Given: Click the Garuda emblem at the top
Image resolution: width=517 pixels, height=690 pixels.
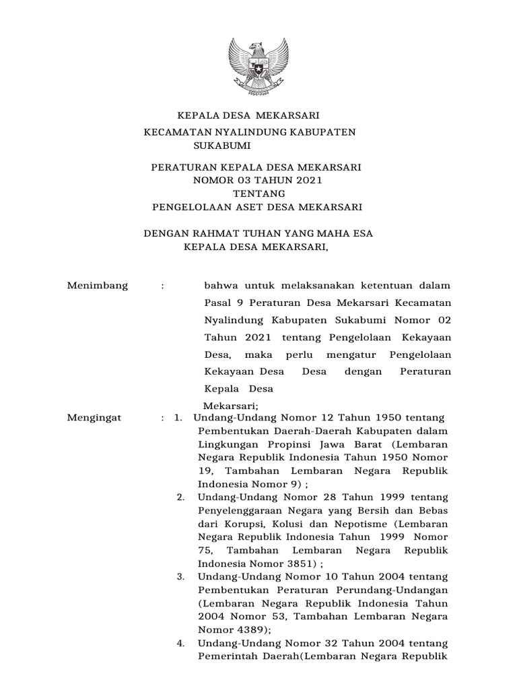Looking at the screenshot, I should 258,67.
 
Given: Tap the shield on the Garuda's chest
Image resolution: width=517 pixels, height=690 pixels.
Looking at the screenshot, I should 258,67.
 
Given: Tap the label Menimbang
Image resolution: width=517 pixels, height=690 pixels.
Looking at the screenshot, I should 98,286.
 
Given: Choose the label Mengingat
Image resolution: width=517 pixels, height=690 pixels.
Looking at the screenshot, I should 95,418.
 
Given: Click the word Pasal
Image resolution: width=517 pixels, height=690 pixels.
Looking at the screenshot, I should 217,302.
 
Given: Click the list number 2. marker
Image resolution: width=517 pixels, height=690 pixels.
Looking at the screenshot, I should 181,497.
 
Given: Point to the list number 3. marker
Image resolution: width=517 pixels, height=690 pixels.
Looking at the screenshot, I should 181,577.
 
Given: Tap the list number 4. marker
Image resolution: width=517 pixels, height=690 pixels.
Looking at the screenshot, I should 181,643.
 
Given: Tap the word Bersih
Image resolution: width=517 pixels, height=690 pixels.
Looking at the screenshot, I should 380,511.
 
